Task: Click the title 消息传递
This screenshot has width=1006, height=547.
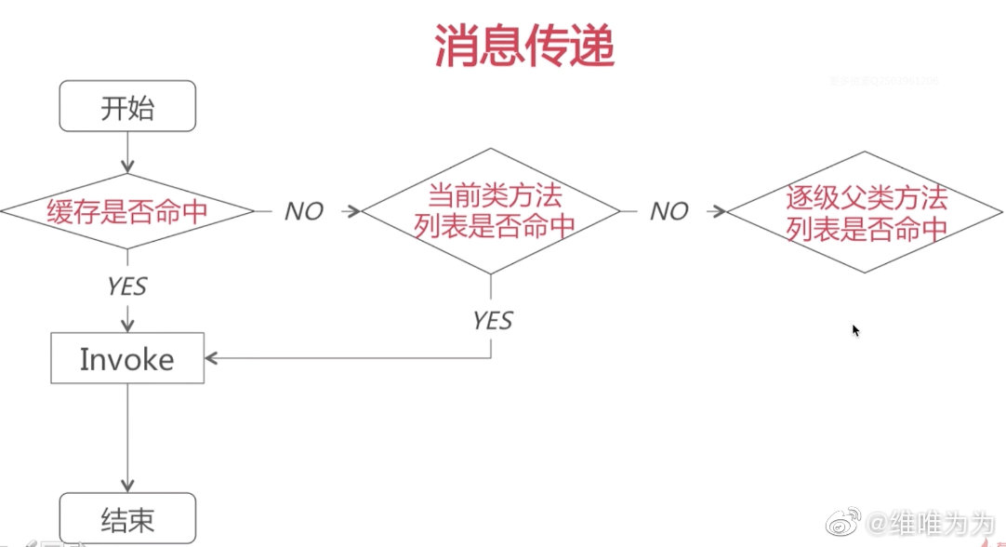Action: (x=524, y=47)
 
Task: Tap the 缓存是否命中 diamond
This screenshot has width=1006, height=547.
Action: (x=127, y=211)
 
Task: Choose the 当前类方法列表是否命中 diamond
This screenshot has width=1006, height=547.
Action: (x=490, y=211)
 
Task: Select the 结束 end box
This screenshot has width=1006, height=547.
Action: (x=127, y=518)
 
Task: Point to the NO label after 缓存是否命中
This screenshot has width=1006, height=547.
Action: (x=303, y=212)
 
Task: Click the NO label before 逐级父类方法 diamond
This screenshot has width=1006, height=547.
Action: (x=668, y=212)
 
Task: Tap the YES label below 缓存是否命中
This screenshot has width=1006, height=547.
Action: (x=126, y=286)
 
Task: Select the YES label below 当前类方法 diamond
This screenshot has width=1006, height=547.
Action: (x=492, y=321)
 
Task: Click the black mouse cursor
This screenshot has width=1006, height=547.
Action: (x=855, y=330)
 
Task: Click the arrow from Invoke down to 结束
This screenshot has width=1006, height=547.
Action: (x=127, y=437)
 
